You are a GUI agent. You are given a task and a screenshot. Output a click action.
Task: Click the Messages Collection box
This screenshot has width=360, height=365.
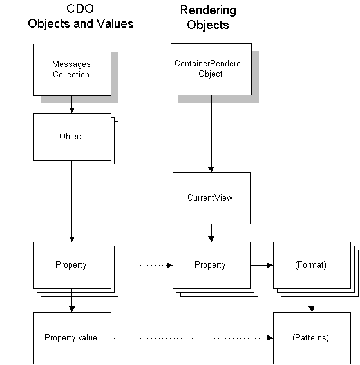tap(72, 70)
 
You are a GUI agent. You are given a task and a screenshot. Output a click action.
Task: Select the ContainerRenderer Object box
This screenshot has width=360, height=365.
tap(211, 69)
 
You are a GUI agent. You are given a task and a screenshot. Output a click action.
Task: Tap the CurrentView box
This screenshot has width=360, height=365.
tap(211, 198)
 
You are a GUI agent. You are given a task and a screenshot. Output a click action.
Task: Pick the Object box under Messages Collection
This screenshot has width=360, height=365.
tap(72, 137)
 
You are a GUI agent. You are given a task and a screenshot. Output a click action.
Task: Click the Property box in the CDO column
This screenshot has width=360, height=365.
tap(72, 266)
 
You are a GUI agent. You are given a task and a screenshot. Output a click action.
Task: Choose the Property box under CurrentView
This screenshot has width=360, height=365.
tap(211, 266)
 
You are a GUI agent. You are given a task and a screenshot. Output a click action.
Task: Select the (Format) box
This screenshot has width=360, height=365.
tap(312, 266)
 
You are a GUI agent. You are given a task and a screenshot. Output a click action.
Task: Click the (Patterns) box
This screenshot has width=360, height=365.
tap(312, 338)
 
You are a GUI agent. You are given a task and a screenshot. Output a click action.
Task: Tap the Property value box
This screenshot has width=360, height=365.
tap(72, 338)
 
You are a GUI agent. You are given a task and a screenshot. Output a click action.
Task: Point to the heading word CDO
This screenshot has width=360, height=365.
tap(80, 9)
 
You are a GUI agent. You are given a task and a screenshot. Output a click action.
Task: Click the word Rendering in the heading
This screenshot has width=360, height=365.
tap(208, 10)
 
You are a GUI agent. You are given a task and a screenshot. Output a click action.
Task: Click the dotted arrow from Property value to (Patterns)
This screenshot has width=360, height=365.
tap(193, 338)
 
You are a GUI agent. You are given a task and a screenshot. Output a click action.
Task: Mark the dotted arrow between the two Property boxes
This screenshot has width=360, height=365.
tap(147, 265)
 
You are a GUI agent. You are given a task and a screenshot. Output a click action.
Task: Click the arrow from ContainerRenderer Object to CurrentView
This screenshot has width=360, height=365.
tap(211, 134)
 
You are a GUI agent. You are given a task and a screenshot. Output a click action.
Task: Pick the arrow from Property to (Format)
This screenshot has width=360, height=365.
tap(261, 265)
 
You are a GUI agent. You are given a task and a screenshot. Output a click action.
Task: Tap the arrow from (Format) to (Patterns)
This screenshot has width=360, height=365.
tap(312, 301)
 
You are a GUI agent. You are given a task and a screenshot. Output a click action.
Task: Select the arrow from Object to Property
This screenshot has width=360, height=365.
tap(72, 201)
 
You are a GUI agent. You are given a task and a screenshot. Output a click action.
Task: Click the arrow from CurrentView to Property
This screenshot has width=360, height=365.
tap(211, 233)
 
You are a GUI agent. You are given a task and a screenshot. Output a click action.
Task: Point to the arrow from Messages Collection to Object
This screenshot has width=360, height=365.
tap(72, 104)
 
